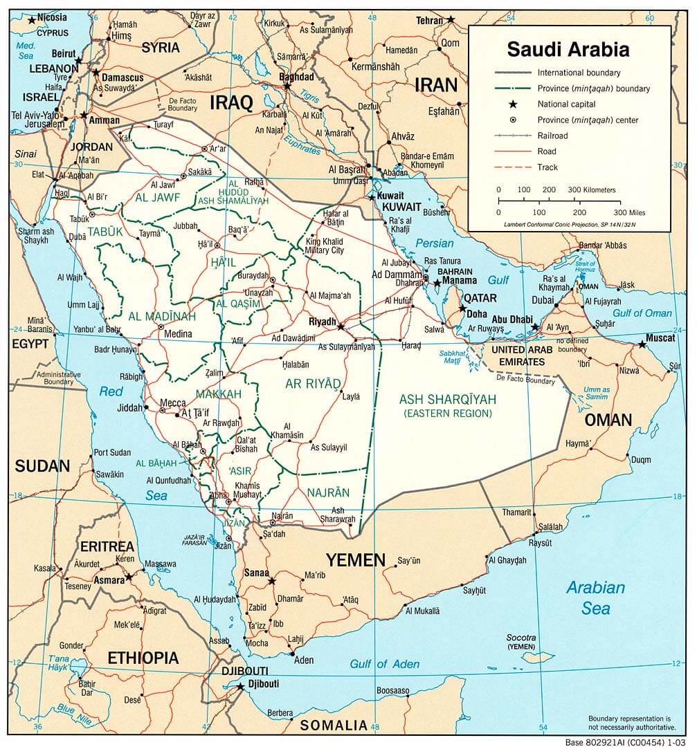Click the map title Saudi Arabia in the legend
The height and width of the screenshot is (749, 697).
pos(568,49)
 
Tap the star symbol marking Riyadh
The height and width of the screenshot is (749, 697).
pos(341,324)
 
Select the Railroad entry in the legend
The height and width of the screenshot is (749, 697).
pos(552,136)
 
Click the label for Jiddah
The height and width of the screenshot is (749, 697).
pos(129,407)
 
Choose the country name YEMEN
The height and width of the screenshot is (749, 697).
pos(356,559)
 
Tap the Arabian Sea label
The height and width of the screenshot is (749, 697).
pos(595,598)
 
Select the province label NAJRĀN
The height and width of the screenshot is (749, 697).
pos(327,492)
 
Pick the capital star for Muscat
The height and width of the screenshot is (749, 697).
pos(642,344)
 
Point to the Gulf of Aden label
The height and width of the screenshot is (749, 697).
pos(384,664)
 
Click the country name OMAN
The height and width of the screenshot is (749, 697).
pos(608,420)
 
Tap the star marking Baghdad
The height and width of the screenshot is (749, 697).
pos(287,86)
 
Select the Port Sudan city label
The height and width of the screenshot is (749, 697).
pos(111,452)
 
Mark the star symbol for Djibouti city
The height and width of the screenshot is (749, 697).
pos(240,686)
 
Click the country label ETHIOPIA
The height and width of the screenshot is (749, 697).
pos(143,657)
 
